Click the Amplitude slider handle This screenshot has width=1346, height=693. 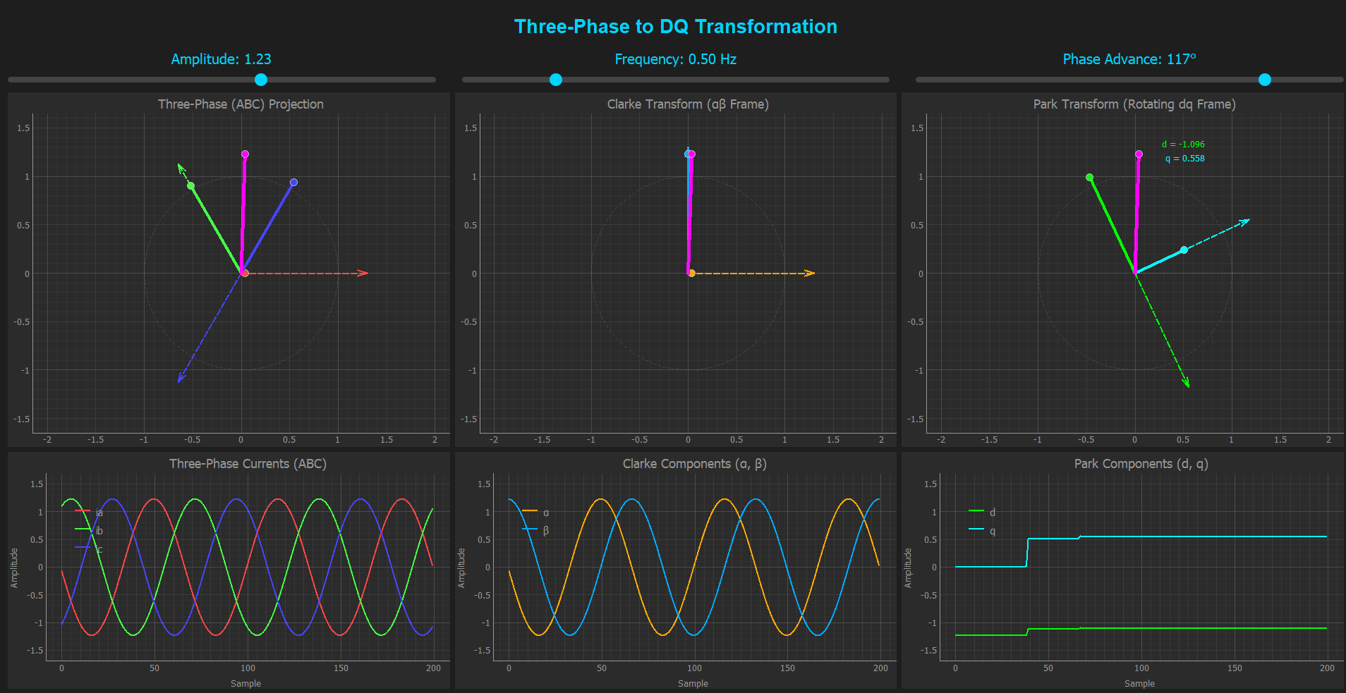click(x=261, y=80)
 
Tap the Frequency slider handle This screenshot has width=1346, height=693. click(x=556, y=80)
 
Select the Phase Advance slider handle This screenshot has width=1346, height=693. click(x=1265, y=80)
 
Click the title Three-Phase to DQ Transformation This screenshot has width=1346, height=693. click(x=675, y=27)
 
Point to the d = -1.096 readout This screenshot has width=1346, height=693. click(x=1183, y=145)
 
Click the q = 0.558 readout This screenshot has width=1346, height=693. click(x=1184, y=159)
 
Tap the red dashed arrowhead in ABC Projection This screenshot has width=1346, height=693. click(x=363, y=273)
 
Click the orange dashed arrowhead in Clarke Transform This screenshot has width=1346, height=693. click(x=811, y=273)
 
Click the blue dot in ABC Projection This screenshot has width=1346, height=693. click(x=293, y=183)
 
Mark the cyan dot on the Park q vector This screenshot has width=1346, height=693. click(x=1184, y=250)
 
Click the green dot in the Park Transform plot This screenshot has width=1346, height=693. click(x=1089, y=178)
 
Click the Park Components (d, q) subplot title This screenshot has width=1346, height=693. click(x=1141, y=464)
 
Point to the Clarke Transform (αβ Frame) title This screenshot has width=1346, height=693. click(x=687, y=104)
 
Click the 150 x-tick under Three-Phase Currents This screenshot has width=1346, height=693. click(x=341, y=668)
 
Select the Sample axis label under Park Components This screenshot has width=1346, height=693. click(x=1139, y=684)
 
